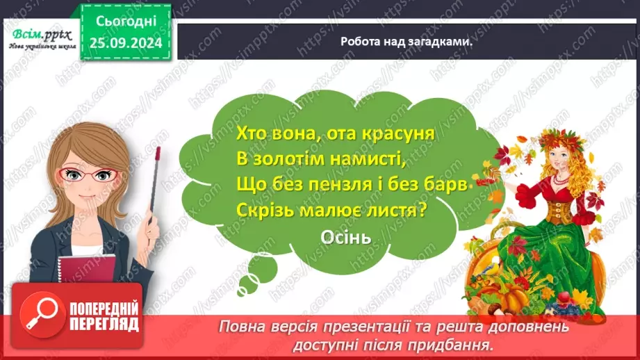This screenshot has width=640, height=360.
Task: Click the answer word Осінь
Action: point(347,237)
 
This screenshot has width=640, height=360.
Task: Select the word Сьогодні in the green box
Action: point(125,24)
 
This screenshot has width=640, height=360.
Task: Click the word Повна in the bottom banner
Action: point(244,327)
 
